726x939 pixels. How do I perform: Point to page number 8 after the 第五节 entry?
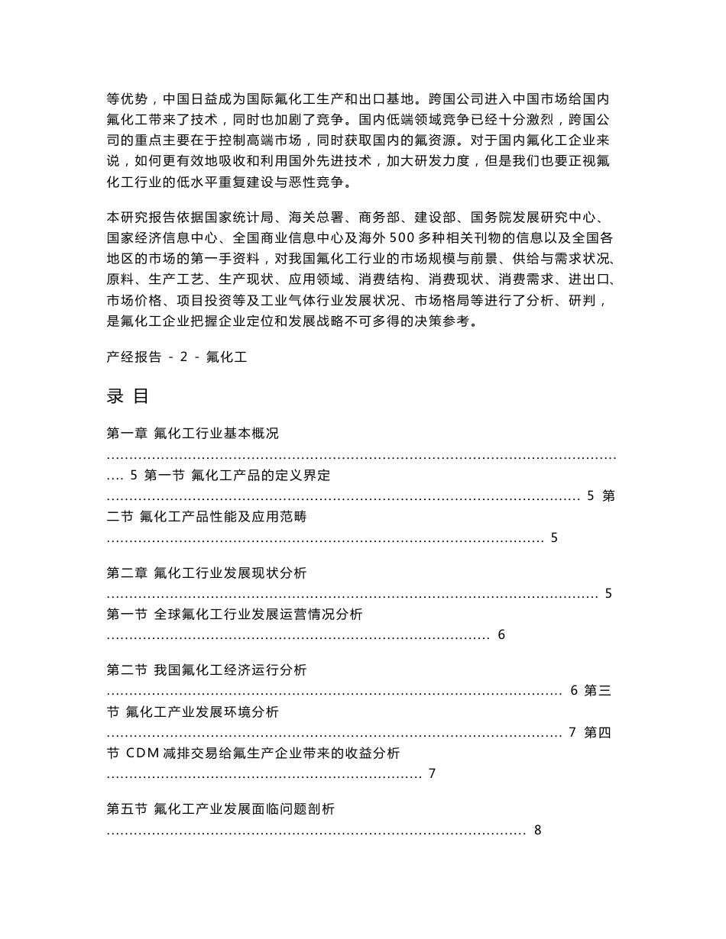[x=538, y=830]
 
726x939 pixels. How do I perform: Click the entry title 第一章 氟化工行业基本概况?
[x=193, y=434]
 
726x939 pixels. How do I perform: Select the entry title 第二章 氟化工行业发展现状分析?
[x=207, y=573]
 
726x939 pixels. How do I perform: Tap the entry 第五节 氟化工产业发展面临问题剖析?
[x=220, y=808]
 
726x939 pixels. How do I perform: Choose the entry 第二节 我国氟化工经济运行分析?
[x=206, y=670]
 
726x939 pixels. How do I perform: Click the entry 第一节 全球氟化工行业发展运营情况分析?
[x=235, y=614]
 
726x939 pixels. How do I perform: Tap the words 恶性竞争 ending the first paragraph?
[x=328, y=182]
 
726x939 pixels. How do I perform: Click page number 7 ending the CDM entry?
[x=432, y=773]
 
